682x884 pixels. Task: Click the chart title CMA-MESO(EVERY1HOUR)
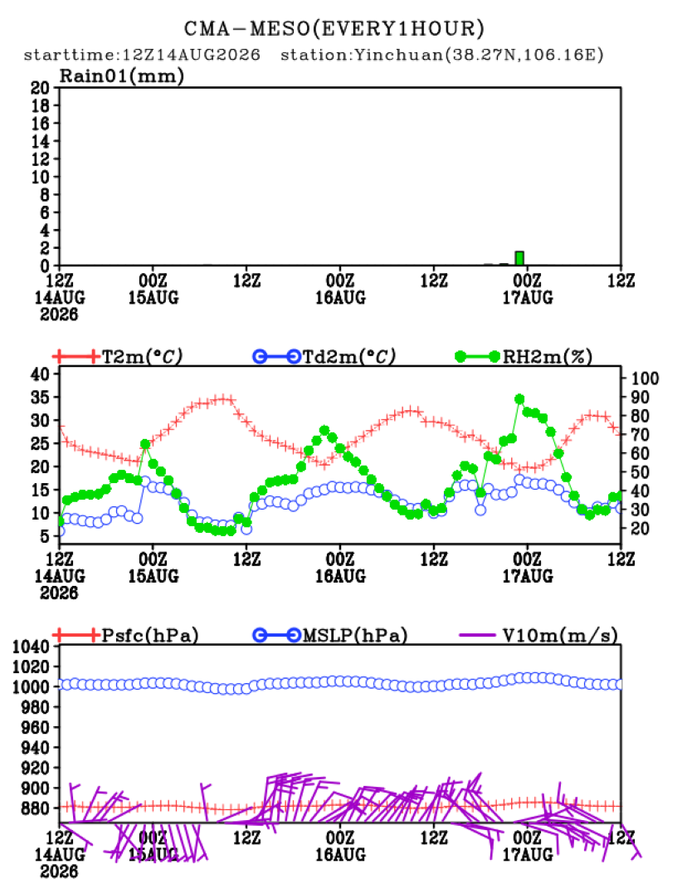(334, 28)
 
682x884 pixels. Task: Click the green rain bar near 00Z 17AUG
(519, 258)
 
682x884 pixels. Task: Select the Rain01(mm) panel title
(122, 76)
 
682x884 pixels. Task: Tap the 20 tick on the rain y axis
(40, 87)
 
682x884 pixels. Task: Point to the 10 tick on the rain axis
(40, 177)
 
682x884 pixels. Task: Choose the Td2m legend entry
(324, 357)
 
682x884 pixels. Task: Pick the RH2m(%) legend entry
(524, 357)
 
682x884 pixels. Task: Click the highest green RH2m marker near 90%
(519, 399)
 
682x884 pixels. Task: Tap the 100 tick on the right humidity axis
(645, 379)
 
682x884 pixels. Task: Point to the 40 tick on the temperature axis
(40, 374)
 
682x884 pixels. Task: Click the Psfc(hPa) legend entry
(125, 635)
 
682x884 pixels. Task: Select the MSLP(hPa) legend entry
(329, 635)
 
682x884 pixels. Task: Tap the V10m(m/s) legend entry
(538, 635)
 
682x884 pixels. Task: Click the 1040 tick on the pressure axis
(31, 647)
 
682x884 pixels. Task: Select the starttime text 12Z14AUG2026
(191, 55)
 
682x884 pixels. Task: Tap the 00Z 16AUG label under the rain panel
(340, 289)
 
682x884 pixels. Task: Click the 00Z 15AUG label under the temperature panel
(153, 568)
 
